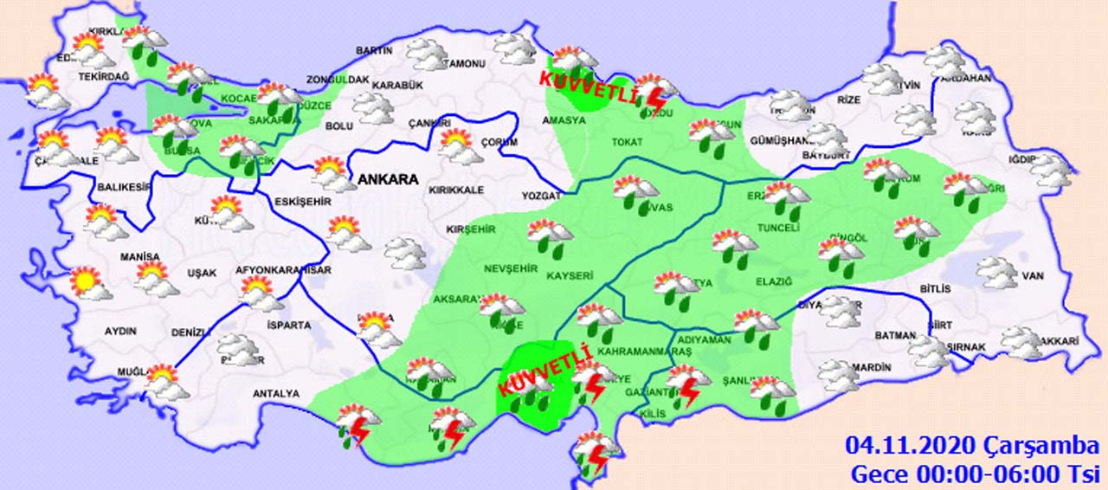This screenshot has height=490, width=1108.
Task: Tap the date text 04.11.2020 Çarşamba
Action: (x=972, y=447)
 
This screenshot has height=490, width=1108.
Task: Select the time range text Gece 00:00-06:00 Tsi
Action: (x=974, y=474)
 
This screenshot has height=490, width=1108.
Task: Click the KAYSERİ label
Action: (x=570, y=276)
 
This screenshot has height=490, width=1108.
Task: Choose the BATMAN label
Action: (x=895, y=335)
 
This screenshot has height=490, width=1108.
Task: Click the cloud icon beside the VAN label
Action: (x=997, y=274)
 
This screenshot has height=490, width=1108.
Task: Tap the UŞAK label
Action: (x=202, y=273)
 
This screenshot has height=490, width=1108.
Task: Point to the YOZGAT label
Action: (x=542, y=197)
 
